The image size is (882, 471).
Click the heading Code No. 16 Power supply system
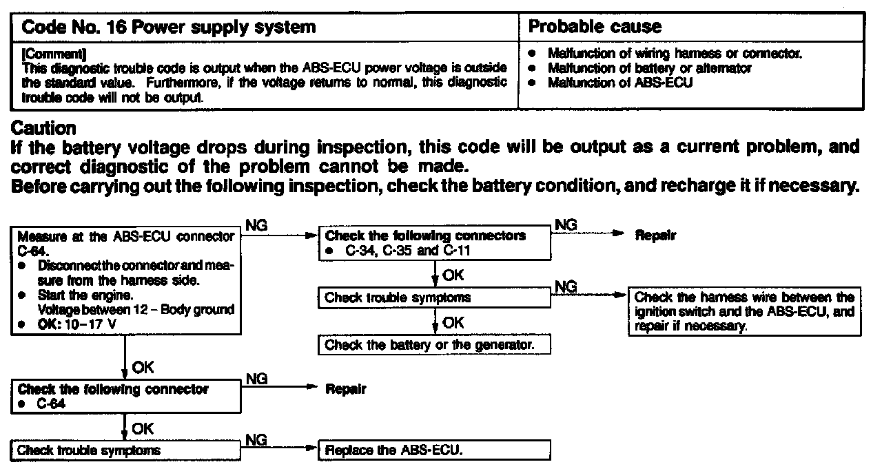169,28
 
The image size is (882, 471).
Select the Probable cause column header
594,28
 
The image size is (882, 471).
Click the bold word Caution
44,129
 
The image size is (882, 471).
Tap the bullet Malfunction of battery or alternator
649,68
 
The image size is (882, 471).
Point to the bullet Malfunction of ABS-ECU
620,83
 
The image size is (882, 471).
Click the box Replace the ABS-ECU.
434,451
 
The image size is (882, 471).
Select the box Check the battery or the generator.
434,345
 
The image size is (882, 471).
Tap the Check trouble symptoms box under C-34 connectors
434,298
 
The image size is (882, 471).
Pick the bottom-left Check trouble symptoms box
125,451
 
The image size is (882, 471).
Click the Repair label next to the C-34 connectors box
655,235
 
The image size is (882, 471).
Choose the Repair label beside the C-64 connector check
345,390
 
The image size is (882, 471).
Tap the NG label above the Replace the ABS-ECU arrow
256,439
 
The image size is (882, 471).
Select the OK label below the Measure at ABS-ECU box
143,366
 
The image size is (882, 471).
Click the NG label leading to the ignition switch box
566,285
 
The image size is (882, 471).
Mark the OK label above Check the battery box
453,322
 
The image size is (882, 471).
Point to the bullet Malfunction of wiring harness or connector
675,53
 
